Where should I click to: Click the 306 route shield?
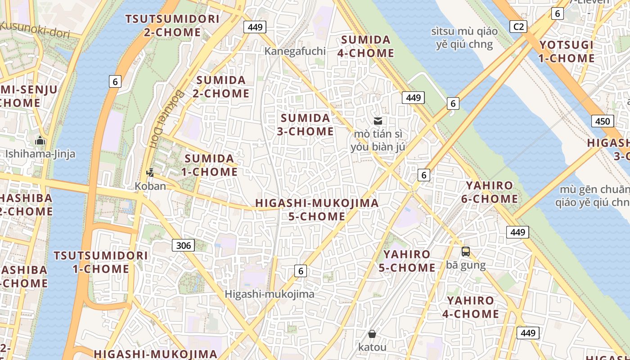[x=183, y=245]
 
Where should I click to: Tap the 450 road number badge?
[x=602, y=121]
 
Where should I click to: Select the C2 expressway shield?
[x=518, y=27]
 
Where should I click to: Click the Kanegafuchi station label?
[x=295, y=51]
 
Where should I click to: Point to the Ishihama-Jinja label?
[x=40, y=154]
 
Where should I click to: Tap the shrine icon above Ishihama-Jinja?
[x=40, y=140]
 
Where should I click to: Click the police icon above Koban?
[x=150, y=172]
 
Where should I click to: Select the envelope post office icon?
[x=378, y=121]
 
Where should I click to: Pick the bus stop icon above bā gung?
[x=466, y=252]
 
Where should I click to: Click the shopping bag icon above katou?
[x=372, y=334]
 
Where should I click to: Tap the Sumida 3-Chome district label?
[x=306, y=125]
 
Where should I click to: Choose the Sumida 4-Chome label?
[x=366, y=46]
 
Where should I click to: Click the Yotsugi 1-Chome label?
[x=567, y=51]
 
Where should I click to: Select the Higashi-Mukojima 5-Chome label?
[x=317, y=210]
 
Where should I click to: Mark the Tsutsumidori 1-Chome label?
[x=100, y=262]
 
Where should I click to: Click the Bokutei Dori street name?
[x=166, y=119]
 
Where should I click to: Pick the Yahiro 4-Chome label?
[x=471, y=307]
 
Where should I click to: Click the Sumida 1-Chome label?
[x=209, y=165]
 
